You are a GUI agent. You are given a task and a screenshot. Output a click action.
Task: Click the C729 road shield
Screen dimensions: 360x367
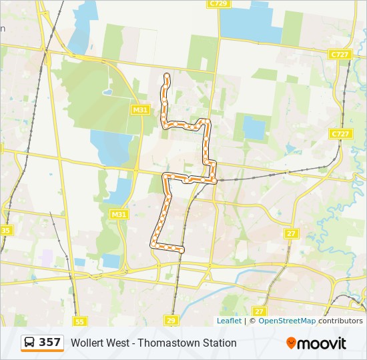(218, 3)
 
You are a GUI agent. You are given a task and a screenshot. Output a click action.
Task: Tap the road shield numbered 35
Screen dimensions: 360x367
(5, 230)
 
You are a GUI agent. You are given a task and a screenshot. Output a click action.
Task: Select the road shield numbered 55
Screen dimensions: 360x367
(80, 321)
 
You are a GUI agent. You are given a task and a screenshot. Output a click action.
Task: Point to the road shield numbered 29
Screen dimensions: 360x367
(171, 321)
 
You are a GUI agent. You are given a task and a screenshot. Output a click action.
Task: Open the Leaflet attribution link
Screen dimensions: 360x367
(229, 321)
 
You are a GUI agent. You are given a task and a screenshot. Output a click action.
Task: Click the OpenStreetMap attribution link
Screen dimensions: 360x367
(287, 321)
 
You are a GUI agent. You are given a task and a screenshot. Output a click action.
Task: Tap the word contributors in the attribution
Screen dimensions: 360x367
(340, 321)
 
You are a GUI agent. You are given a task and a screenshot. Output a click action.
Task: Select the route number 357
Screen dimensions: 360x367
(49, 343)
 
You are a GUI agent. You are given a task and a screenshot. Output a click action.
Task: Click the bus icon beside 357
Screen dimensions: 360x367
(30, 343)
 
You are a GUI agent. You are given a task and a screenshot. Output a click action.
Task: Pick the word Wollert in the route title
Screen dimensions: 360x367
(87, 343)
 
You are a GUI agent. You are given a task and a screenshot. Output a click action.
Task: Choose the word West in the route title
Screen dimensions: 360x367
(119, 343)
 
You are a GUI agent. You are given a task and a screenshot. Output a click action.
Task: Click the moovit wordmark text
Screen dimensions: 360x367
(322, 343)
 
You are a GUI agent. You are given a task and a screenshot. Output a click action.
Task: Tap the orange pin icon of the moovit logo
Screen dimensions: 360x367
(291, 343)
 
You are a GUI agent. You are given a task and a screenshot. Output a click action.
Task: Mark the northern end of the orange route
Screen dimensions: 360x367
(167, 77)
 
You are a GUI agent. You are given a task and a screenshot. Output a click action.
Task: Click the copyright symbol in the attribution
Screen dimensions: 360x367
(252, 321)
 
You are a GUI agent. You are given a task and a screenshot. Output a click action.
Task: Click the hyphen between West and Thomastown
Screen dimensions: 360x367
(136, 343)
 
